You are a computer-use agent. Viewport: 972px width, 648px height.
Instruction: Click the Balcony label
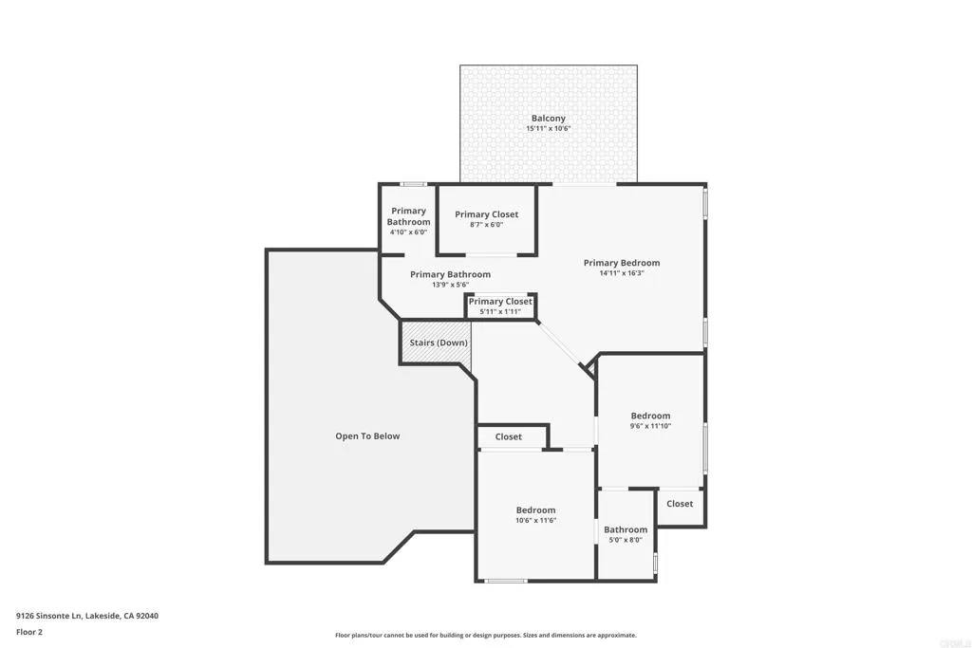point(549,119)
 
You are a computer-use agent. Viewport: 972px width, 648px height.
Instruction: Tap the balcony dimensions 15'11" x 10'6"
point(549,129)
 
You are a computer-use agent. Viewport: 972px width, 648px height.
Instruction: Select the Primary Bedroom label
point(622,263)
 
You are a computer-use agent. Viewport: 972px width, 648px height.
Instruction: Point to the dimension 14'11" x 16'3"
point(622,273)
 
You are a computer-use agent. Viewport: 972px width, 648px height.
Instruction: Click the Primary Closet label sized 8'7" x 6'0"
point(486,214)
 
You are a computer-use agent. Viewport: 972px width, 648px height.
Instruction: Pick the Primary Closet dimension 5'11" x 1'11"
point(500,311)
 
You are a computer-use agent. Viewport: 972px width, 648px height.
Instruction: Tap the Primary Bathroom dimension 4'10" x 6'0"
point(408,232)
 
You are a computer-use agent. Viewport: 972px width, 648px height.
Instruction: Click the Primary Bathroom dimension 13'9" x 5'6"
point(450,285)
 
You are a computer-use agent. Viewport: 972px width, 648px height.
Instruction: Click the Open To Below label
point(367,436)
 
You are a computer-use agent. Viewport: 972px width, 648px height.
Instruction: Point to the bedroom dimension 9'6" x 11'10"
point(650,426)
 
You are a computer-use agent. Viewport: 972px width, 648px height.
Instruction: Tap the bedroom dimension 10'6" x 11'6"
point(535,520)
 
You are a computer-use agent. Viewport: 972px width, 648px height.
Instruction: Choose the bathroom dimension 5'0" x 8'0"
point(626,540)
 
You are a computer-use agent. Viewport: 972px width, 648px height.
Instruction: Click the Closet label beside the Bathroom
point(680,504)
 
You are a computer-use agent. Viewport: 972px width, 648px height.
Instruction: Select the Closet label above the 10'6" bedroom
point(509,437)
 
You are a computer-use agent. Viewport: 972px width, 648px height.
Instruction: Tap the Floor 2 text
point(29,631)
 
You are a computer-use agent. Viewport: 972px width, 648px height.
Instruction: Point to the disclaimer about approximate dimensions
point(485,636)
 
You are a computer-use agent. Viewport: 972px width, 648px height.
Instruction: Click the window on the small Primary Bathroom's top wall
point(412,183)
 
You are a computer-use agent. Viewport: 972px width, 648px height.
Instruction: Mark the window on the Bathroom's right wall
point(656,562)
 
